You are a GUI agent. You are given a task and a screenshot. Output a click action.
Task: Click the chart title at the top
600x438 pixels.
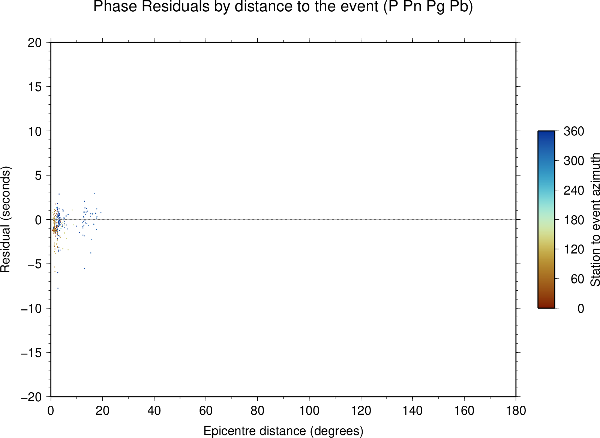(283, 6)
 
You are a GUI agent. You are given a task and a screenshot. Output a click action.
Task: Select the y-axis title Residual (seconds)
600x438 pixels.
(5, 219)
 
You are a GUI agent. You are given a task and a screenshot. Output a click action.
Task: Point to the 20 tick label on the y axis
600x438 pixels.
(35, 43)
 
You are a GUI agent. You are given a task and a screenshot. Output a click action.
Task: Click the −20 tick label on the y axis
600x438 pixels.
(31, 397)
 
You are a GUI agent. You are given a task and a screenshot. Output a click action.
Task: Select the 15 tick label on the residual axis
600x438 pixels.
(35, 87)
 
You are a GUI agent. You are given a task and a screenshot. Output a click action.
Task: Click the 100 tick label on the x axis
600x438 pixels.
(309, 411)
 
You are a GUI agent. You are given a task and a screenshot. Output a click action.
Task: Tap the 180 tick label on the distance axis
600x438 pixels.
(516, 411)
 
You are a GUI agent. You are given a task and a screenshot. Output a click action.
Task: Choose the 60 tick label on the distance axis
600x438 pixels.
(206, 411)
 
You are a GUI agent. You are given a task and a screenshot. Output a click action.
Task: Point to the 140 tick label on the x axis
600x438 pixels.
(412, 411)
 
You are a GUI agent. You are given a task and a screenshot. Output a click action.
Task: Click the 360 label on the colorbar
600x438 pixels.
(574, 131)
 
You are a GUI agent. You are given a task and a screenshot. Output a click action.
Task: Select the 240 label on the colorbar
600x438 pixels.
(574, 190)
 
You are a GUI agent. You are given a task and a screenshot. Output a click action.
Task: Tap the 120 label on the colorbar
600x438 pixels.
(574, 249)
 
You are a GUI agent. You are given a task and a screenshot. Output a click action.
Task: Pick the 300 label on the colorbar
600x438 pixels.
(574, 161)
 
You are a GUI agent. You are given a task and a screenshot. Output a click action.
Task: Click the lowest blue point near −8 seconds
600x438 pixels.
(58, 288)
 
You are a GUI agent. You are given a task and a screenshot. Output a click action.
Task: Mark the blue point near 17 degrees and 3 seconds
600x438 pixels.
(94, 193)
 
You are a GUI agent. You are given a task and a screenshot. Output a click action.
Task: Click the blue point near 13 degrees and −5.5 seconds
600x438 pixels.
(85, 268)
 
